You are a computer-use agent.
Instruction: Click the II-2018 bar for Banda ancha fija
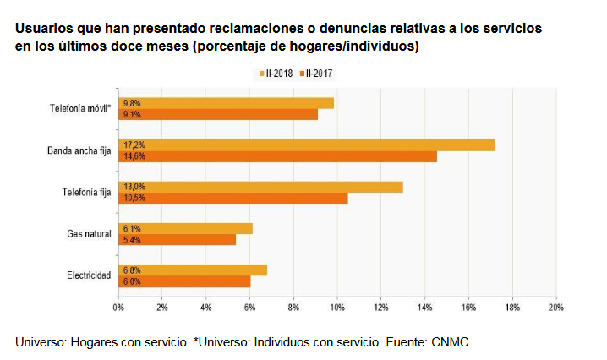pos(306,145)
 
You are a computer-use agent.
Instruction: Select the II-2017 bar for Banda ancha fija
pos(277,156)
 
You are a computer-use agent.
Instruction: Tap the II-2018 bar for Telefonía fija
pos(260,187)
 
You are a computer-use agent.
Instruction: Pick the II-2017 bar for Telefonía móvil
pos(218,114)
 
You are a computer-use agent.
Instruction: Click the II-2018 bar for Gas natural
pos(185,228)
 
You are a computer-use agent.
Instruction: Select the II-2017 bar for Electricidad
pos(184,281)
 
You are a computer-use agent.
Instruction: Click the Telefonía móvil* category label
pos(80,108)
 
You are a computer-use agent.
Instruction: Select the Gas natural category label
pos(89,233)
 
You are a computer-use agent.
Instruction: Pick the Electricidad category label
pos(89,275)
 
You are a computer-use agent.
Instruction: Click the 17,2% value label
pos(134,145)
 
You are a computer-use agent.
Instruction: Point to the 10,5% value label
pos(134,198)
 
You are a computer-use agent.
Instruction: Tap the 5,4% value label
pos(132,239)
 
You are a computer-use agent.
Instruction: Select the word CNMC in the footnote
pos(451,343)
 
